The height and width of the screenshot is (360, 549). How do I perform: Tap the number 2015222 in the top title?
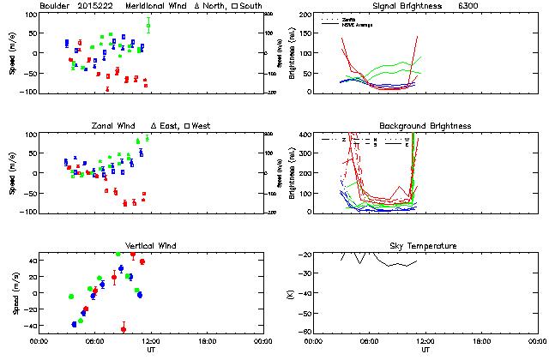(96, 6)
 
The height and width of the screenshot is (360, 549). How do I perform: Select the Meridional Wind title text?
(157, 6)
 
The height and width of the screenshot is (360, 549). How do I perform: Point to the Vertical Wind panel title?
(151, 246)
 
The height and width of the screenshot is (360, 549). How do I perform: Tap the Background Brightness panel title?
(425, 126)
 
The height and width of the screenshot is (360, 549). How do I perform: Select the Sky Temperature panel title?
(425, 246)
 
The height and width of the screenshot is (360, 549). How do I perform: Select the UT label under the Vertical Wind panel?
(151, 350)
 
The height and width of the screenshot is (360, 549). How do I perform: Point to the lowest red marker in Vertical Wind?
(124, 329)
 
